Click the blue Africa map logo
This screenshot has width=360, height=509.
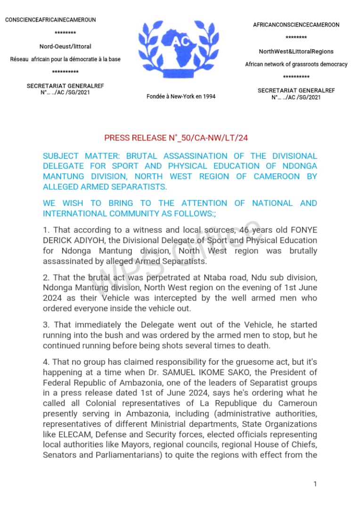tap(181, 49)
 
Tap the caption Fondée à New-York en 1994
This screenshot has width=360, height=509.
tap(181, 96)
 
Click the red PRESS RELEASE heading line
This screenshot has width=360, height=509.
tap(176, 138)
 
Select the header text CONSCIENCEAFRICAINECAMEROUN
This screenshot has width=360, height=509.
tap(50, 20)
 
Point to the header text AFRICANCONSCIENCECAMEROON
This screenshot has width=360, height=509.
tap(296, 25)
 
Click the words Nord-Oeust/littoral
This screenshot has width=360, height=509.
tap(65, 46)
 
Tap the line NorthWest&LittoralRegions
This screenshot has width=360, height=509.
tap(296, 51)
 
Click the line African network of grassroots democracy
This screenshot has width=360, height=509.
tap(296, 64)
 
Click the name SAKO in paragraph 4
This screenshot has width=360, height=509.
tap(255, 372)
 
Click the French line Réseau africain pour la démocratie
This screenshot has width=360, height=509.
tap(65, 59)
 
